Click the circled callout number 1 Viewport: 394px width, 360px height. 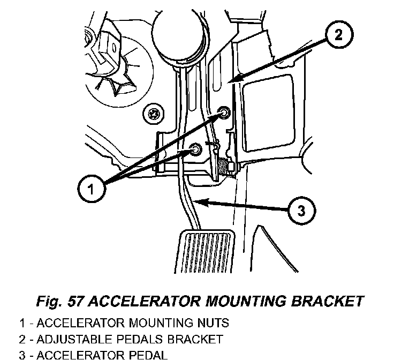pyautogui.click(x=91, y=189)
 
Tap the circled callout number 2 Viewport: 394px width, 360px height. pyautogui.click(x=339, y=34)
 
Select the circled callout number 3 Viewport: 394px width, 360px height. pyautogui.click(x=301, y=211)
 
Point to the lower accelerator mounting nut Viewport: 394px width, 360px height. pyautogui.click(x=195, y=149)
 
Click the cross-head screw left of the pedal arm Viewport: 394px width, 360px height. pyautogui.click(x=153, y=114)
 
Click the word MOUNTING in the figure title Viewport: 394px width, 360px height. pyautogui.click(x=246, y=301)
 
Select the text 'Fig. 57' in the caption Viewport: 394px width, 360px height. pyautogui.click(x=59, y=301)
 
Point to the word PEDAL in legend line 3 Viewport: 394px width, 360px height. pyautogui.click(x=148, y=355)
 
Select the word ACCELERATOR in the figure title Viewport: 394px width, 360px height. pyautogui.click(x=145, y=301)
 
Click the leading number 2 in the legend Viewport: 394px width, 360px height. pyautogui.click(x=22, y=340)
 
